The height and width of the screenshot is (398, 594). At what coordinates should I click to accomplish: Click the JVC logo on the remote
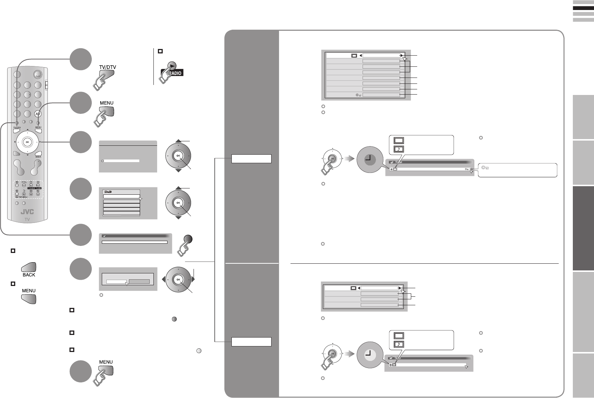(x=27, y=212)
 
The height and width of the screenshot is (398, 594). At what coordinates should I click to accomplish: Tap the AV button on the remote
(x=38, y=114)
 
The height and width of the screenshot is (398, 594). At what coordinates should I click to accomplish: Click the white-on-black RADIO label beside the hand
(x=176, y=73)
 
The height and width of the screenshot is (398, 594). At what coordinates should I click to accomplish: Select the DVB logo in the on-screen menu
(x=108, y=192)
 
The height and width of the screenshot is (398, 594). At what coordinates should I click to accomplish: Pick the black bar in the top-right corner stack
(x=583, y=8)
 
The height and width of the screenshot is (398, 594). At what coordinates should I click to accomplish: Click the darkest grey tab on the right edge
(x=583, y=228)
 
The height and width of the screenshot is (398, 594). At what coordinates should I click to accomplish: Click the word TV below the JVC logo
(x=27, y=219)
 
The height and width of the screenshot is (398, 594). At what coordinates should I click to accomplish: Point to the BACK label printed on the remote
(x=38, y=157)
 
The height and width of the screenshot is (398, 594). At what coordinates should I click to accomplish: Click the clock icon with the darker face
(x=370, y=160)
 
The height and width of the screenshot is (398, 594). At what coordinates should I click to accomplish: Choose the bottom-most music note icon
(x=399, y=344)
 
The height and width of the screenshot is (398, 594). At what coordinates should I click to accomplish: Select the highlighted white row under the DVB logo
(x=121, y=197)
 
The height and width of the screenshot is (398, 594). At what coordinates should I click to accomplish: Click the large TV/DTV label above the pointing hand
(x=107, y=67)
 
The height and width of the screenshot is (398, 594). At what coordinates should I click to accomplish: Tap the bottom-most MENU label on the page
(x=106, y=362)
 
